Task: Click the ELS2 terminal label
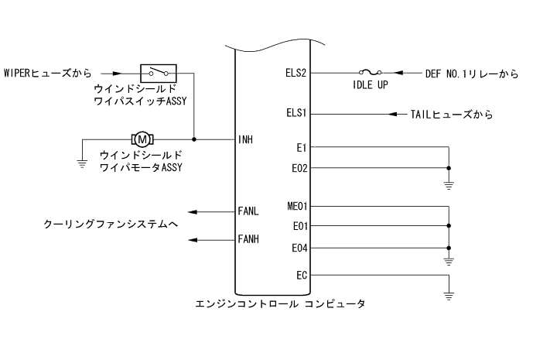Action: coord(296,74)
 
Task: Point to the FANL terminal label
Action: coord(250,211)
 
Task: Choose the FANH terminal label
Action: coord(250,240)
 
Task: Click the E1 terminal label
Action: coord(301,146)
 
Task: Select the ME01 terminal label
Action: coord(296,207)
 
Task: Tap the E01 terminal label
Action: coord(299,227)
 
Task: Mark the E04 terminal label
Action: coord(299,248)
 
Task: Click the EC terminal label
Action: coord(301,275)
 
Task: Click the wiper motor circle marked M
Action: coord(143,139)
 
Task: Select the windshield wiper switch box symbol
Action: coord(159,73)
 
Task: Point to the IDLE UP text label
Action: coord(371,86)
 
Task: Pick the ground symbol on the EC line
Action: coord(448,294)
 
